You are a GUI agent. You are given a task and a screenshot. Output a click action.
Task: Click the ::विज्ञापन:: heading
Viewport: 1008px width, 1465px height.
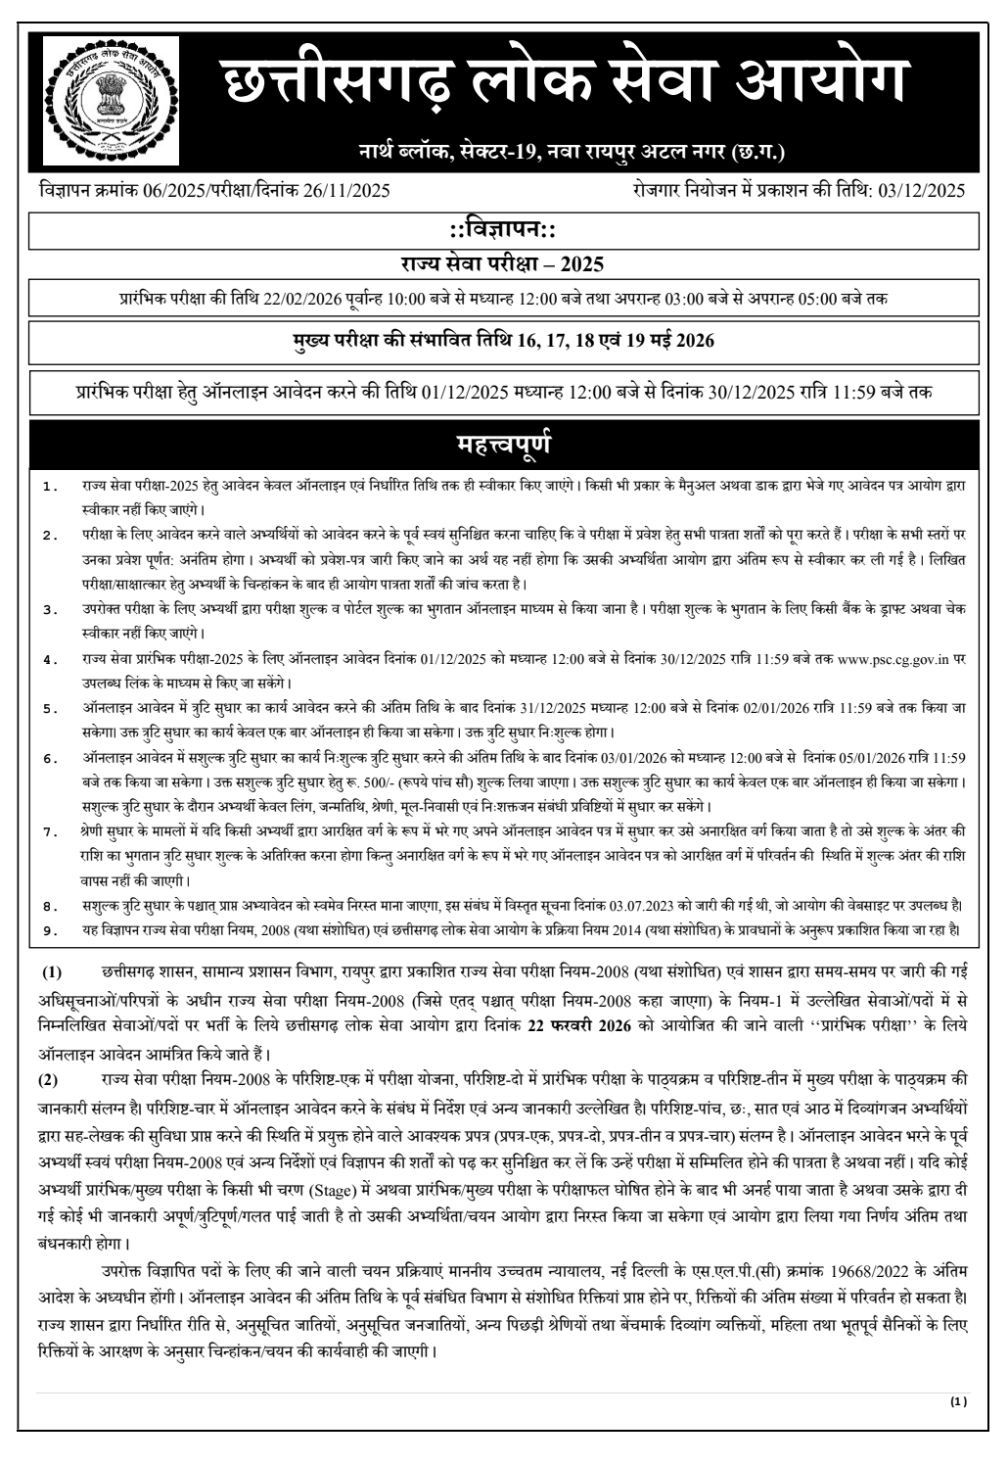pyautogui.click(x=502, y=230)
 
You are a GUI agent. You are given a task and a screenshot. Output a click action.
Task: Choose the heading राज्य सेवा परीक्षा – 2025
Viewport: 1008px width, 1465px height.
pyautogui.click(x=502, y=264)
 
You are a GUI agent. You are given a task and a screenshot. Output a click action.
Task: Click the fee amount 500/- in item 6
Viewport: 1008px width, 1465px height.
pyautogui.click(x=533, y=781)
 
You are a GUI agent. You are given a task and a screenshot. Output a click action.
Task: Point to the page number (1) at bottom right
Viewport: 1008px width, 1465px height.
pyautogui.click(x=958, y=1401)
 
